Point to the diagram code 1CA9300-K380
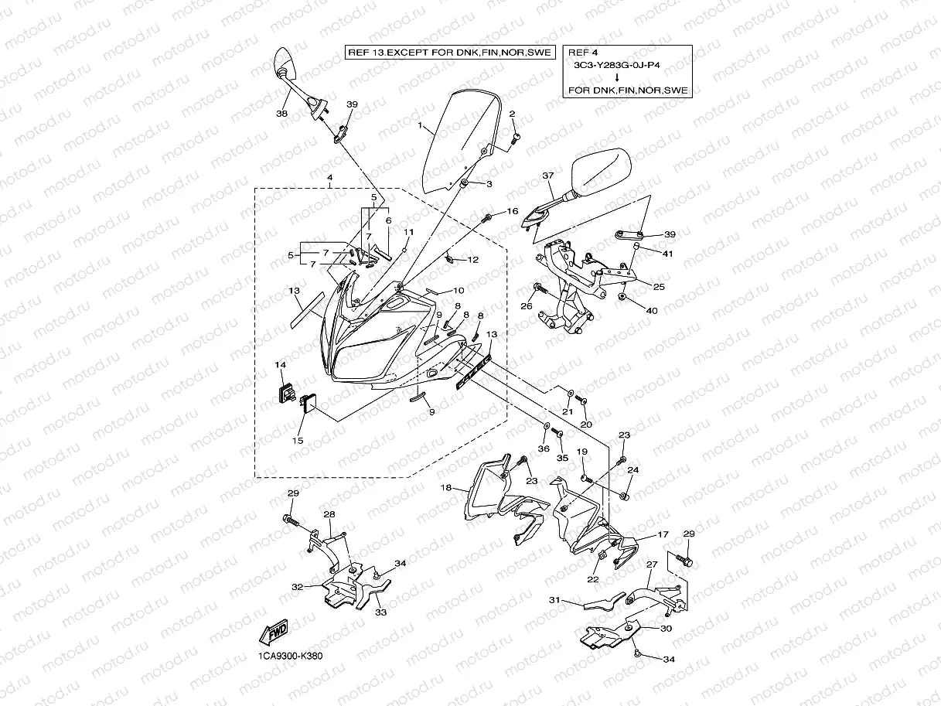click(x=290, y=657)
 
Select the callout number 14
click(x=280, y=363)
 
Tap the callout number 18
click(x=446, y=488)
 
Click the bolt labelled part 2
click(x=517, y=138)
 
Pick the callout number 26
click(x=527, y=306)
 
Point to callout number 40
click(x=651, y=311)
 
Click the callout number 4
click(x=329, y=178)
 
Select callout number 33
click(x=381, y=612)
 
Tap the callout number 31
click(x=554, y=600)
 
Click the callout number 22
click(x=592, y=579)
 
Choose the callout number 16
click(x=513, y=211)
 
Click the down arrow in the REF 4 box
click(x=616, y=77)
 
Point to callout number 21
click(x=567, y=411)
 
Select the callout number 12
click(x=473, y=260)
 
